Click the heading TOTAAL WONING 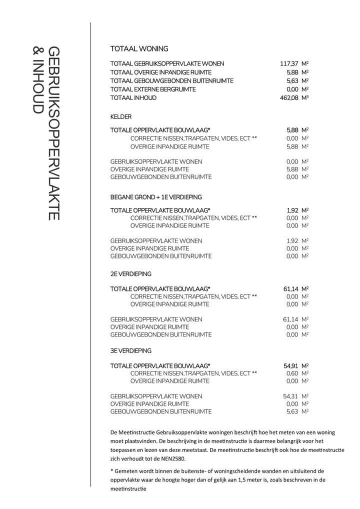coord(139,49)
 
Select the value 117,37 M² coord(294,64)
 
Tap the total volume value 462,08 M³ coord(294,98)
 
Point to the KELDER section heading coord(120,117)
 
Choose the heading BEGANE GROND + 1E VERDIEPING coord(156,197)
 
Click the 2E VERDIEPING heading coord(130,274)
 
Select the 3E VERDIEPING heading coord(130,350)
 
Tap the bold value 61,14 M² coord(296,289)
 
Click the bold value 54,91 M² coord(296,365)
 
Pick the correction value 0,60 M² coord(297,373)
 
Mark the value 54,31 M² coord(296,396)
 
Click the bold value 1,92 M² coord(297,210)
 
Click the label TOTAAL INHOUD coord(133,98)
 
